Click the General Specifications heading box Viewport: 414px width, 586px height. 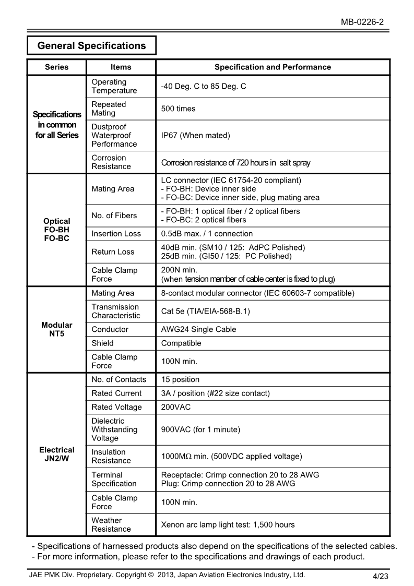91,46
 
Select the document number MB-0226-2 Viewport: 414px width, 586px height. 363,22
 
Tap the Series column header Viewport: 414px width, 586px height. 56,67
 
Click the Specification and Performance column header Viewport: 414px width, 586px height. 273,67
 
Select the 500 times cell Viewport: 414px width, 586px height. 179,109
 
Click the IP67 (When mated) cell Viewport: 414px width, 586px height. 195,136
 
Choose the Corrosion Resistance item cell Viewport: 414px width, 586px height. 111,162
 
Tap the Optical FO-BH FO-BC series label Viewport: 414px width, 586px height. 56,230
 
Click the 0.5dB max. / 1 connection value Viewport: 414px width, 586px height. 207,234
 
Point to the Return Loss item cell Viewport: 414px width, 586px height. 113,252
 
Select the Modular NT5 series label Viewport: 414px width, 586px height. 56,329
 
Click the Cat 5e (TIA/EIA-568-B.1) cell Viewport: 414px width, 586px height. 206,312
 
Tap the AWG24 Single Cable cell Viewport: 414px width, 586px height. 198,329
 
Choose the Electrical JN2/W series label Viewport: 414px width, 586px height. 56,454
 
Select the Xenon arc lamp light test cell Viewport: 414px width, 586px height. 228,524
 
